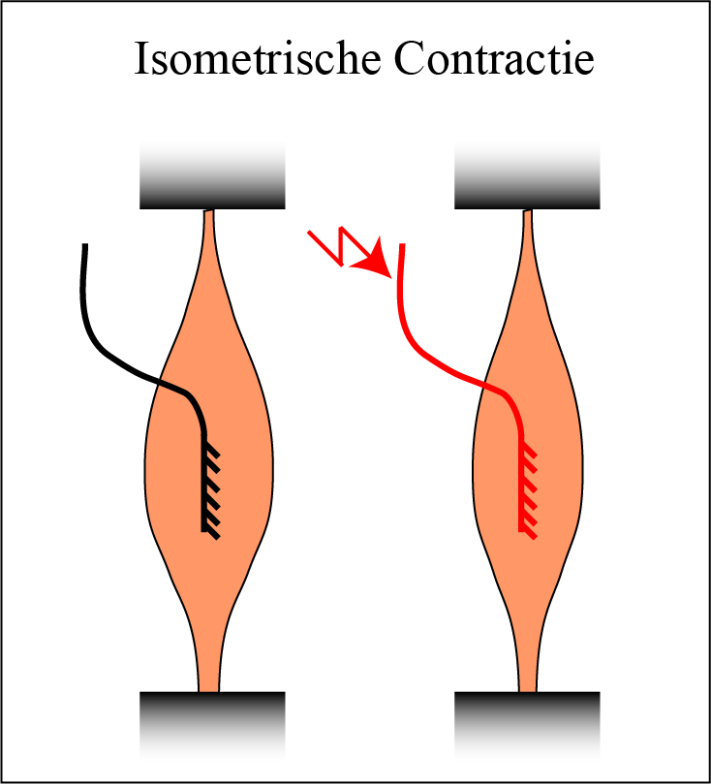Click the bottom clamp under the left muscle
pos(212,722)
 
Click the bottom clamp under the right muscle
pos(527,722)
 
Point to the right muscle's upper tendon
pos(528,242)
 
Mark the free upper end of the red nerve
pos(400,250)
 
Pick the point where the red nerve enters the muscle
pos(481,384)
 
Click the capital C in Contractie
pos(408,60)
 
